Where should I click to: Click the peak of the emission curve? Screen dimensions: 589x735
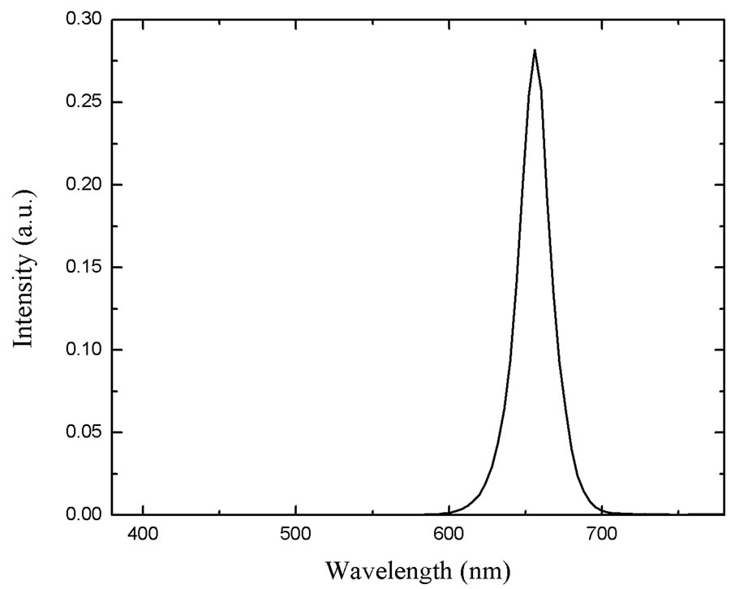tap(534, 50)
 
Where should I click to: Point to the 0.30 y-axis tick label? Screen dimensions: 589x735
tap(84, 19)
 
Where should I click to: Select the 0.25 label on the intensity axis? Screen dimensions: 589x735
tap(84, 102)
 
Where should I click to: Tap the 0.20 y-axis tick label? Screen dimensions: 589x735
tap(84, 185)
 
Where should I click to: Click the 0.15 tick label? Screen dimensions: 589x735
tap(84, 268)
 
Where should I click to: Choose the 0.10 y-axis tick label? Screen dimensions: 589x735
tap(84, 350)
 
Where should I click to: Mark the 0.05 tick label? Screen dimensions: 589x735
tap(84, 432)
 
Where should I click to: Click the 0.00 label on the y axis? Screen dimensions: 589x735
tap(84, 514)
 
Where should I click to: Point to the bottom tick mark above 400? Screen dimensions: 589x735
tap(143, 510)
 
